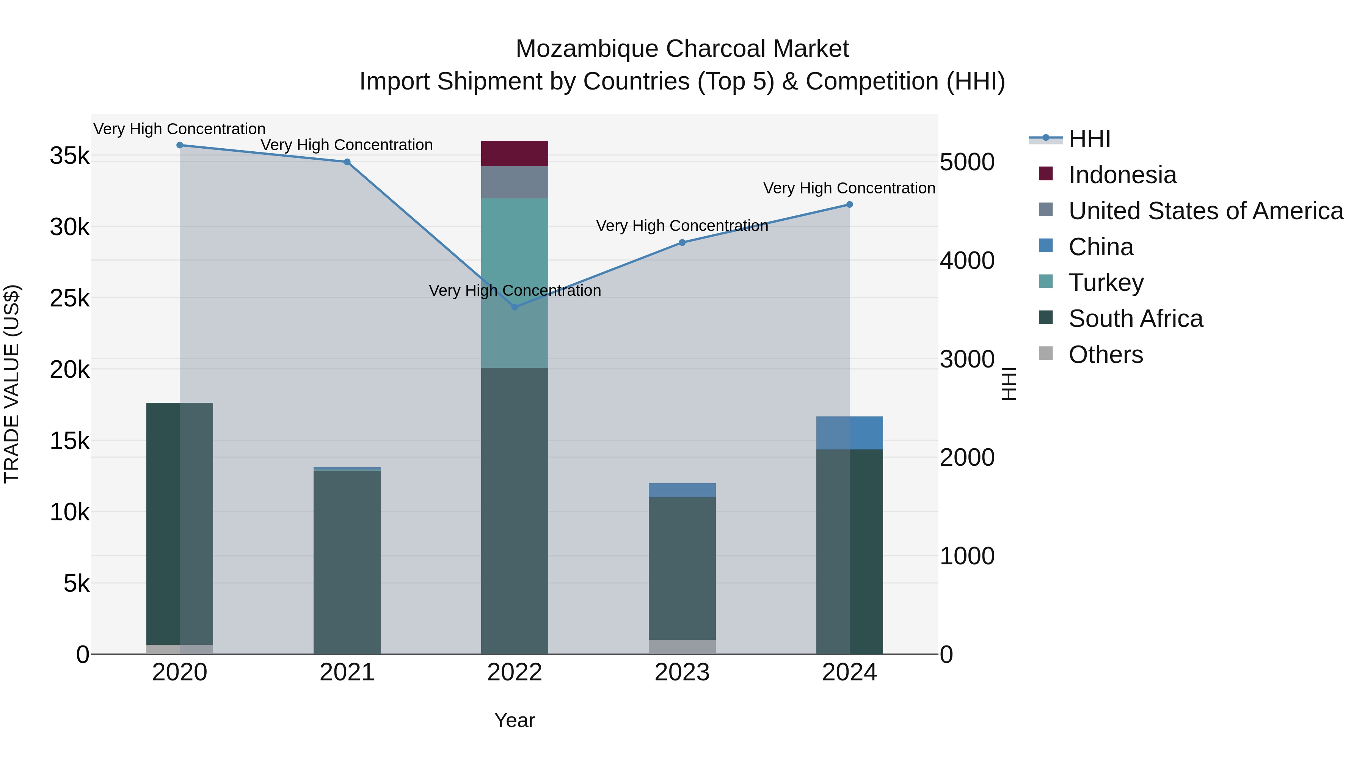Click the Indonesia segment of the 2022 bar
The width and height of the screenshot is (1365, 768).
[x=514, y=153]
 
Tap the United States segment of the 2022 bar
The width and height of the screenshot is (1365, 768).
[x=514, y=182]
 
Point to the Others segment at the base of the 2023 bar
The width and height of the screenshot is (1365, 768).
[x=682, y=647]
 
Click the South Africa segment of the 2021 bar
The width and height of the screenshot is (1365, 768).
[x=347, y=562]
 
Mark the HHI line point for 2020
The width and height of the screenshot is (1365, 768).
[x=180, y=145]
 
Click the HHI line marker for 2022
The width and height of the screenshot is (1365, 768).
[x=515, y=307]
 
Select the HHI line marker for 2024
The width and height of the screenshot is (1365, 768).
[x=849, y=204]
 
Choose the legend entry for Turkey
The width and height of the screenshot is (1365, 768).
[x=1106, y=283]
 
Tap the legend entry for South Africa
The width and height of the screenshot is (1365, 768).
[x=1135, y=319]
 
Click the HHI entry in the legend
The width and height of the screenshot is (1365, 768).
[x=1089, y=139]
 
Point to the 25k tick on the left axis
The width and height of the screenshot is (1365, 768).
[x=69, y=299]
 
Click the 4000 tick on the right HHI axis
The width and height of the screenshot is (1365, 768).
[x=967, y=261]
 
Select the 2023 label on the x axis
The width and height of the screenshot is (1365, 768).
[x=682, y=672]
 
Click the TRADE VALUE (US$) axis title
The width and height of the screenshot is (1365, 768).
[x=12, y=384]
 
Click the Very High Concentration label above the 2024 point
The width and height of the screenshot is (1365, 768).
[x=849, y=188]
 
